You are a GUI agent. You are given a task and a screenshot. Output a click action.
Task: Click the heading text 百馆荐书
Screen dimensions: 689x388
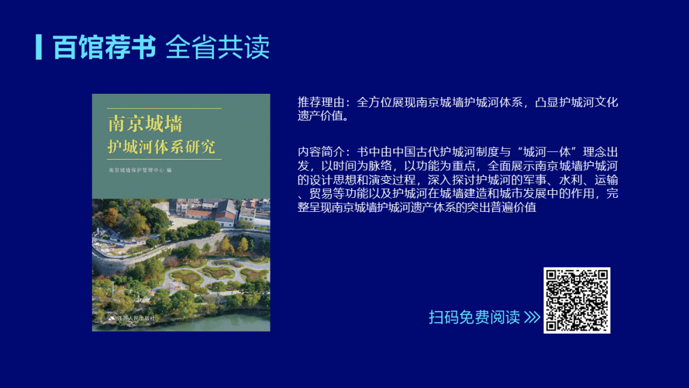[104, 47]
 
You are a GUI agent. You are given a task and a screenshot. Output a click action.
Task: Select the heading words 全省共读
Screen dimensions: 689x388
[218, 47]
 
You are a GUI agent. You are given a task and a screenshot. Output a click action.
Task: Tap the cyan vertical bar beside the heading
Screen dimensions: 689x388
[39, 47]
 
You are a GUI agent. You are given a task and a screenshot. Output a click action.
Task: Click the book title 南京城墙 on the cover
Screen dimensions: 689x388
[145, 124]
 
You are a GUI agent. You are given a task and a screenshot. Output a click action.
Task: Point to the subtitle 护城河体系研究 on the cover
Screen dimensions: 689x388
[161, 147]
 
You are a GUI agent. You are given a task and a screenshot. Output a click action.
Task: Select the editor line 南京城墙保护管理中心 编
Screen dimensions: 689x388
[140, 170]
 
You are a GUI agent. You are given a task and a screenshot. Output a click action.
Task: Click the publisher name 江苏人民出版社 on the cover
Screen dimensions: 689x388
[135, 318]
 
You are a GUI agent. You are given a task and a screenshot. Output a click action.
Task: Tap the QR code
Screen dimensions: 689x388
[577, 301]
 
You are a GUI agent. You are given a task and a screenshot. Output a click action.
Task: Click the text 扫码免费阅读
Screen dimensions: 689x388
[474, 317]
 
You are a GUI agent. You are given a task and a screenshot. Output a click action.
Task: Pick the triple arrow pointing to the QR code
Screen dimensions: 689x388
[532, 317]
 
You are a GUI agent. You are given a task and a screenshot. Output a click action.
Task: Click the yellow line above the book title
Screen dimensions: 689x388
[165, 108]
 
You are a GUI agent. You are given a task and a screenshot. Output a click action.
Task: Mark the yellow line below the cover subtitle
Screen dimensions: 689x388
[165, 159]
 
